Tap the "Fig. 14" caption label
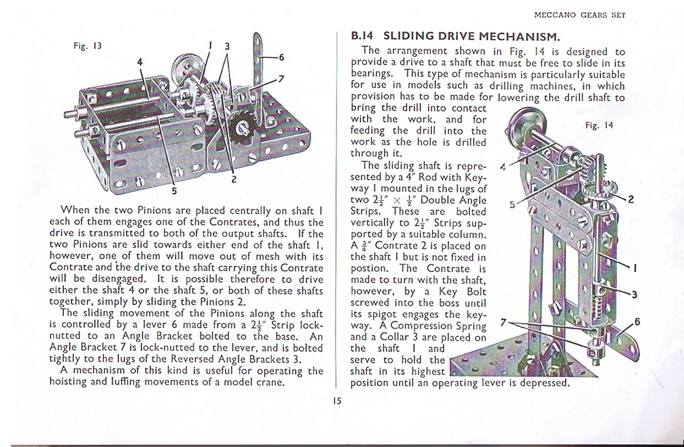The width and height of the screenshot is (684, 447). click(x=599, y=126)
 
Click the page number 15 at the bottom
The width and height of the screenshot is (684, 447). click(x=337, y=401)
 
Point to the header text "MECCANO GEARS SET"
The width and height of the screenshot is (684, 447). click(x=580, y=15)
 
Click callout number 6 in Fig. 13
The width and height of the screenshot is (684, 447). click(x=281, y=57)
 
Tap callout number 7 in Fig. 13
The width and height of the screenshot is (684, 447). click(x=281, y=78)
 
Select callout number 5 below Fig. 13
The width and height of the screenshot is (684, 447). click(x=174, y=192)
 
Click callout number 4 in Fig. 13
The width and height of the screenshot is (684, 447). click(x=140, y=62)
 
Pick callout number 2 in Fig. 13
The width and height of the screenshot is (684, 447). click(x=234, y=179)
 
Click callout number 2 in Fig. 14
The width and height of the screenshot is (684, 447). click(x=631, y=199)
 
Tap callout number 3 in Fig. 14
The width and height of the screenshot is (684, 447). click(x=634, y=295)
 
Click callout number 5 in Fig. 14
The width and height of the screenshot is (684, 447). click(x=512, y=204)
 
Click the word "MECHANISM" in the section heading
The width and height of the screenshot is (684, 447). click(x=520, y=37)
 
